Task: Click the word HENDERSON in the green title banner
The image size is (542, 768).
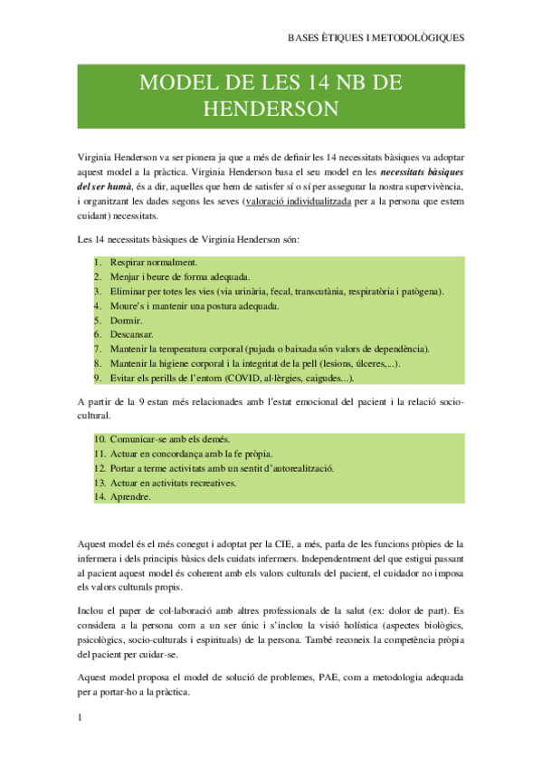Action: tap(271, 110)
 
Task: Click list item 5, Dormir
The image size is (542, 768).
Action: tap(126, 321)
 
